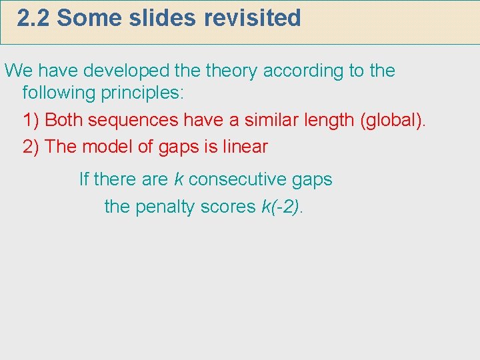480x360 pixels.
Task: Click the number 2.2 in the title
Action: pos(33,18)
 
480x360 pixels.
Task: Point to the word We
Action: pos(17,71)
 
